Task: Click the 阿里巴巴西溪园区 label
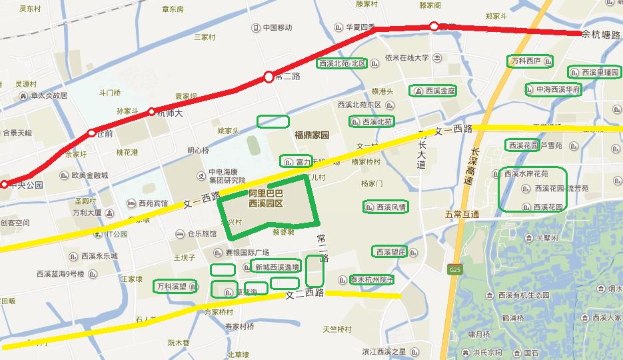point(266,197)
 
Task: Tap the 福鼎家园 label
point(312,135)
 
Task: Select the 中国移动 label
point(277,27)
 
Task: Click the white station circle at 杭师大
point(152,111)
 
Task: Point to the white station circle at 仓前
point(92,133)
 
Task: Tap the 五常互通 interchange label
point(462,215)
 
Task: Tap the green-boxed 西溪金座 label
point(435,90)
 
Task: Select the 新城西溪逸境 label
point(277,267)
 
